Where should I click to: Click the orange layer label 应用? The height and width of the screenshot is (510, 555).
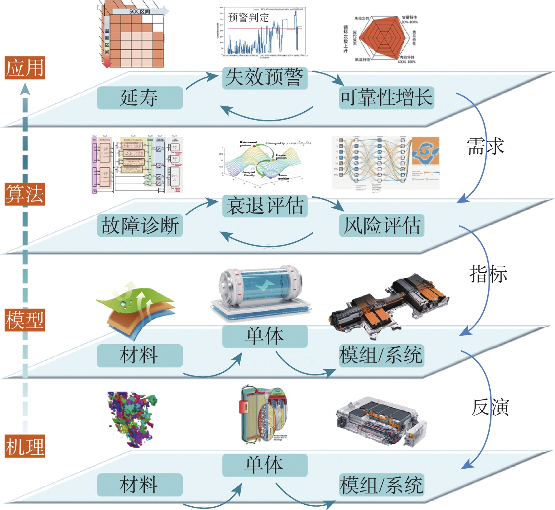pyautogui.click(x=25, y=68)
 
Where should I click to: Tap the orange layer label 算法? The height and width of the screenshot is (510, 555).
pyautogui.click(x=25, y=194)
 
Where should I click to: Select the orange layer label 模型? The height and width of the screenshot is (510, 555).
pyautogui.click(x=25, y=320)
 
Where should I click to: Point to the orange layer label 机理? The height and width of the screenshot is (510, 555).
pyautogui.click(x=25, y=446)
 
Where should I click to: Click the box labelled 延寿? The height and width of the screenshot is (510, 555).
pyautogui.click(x=140, y=98)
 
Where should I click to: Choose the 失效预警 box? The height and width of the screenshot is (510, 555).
pyautogui.click(x=265, y=78)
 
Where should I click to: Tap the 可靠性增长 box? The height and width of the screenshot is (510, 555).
pyautogui.click(x=386, y=98)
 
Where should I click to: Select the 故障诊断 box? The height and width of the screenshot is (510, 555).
pyautogui.click(x=140, y=225)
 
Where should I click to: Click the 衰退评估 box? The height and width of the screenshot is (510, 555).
pyautogui.click(x=265, y=206)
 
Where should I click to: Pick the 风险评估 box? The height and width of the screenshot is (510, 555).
pyautogui.click(x=381, y=225)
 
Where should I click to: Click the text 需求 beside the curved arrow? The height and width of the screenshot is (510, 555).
pyautogui.click(x=485, y=146)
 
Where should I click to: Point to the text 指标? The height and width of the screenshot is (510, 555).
pyautogui.click(x=488, y=274)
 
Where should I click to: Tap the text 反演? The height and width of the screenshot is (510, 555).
pyautogui.click(x=490, y=407)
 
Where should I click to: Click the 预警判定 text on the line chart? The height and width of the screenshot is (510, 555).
pyautogui.click(x=249, y=17)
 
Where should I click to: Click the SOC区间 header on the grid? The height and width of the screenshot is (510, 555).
pyautogui.click(x=140, y=12)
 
